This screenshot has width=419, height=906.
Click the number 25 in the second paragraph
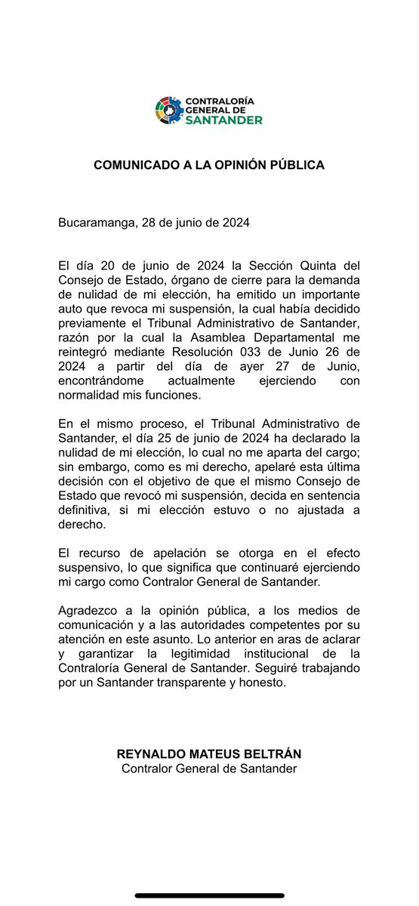159,437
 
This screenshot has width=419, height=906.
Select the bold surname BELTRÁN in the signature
268,753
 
